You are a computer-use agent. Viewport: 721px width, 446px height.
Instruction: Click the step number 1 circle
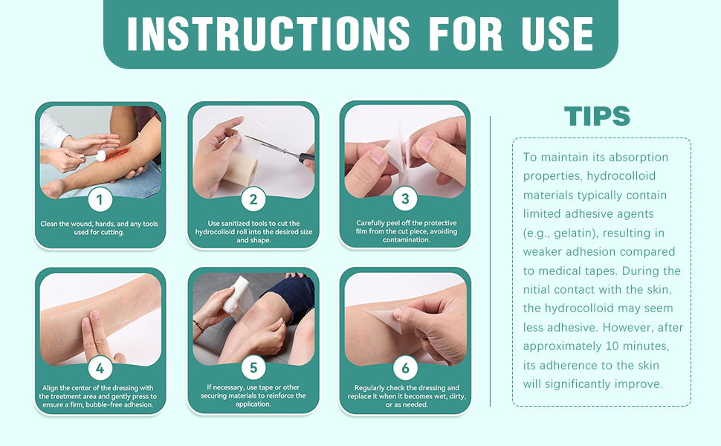[100, 199]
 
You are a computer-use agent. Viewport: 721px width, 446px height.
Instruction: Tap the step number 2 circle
[253, 199]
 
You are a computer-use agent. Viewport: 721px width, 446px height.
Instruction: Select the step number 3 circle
[405, 198]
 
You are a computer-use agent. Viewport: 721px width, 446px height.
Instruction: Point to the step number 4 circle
[100, 368]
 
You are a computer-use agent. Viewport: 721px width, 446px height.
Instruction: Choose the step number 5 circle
[253, 368]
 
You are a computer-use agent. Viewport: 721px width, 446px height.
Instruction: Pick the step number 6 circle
[405, 368]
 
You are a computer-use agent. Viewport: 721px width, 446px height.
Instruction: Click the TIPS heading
[597, 116]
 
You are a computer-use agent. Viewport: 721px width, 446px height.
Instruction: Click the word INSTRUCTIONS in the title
[268, 33]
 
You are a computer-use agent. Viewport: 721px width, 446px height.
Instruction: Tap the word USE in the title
[557, 33]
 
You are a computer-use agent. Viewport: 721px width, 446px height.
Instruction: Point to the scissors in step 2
[280, 149]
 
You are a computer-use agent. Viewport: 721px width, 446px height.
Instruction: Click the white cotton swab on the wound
[100, 156]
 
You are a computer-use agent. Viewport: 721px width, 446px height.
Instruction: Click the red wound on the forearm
[119, 152]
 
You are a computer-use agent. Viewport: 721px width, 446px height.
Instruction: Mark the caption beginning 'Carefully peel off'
[406, 231]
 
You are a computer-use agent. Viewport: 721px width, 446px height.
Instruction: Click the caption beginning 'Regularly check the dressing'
[407, 396]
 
